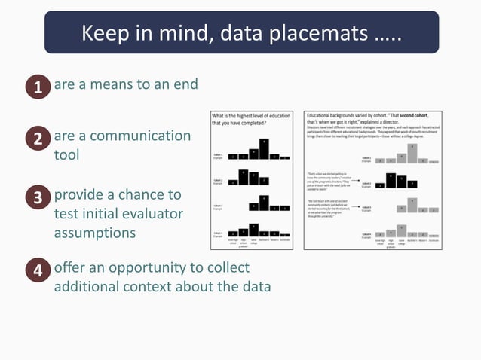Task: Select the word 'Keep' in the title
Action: (106, 34)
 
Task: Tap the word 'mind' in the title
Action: (181, 34)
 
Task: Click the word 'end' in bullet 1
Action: (184, 84)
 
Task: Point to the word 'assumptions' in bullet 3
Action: (94, 233)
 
